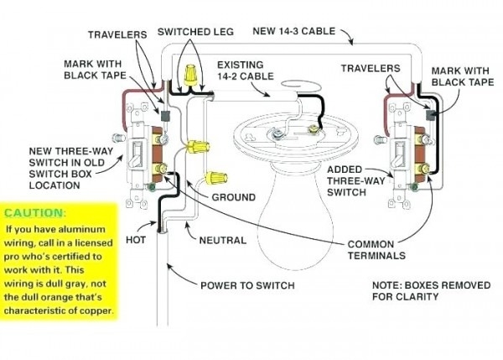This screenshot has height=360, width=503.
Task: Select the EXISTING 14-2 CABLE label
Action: pos(247,70)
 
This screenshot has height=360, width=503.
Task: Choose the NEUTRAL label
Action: pos(223,240)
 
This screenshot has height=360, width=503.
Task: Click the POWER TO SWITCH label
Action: pos(246,285)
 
